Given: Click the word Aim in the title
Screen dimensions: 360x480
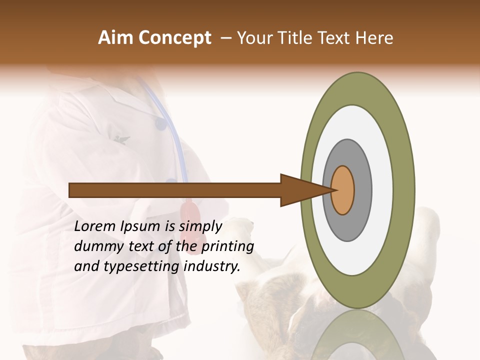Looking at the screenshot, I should tap(115, 38).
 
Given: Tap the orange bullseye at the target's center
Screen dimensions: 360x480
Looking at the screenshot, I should tap(342, 190).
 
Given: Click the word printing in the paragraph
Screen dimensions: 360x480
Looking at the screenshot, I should tap(227, 246).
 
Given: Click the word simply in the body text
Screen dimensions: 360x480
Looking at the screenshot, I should tap(200, 226).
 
